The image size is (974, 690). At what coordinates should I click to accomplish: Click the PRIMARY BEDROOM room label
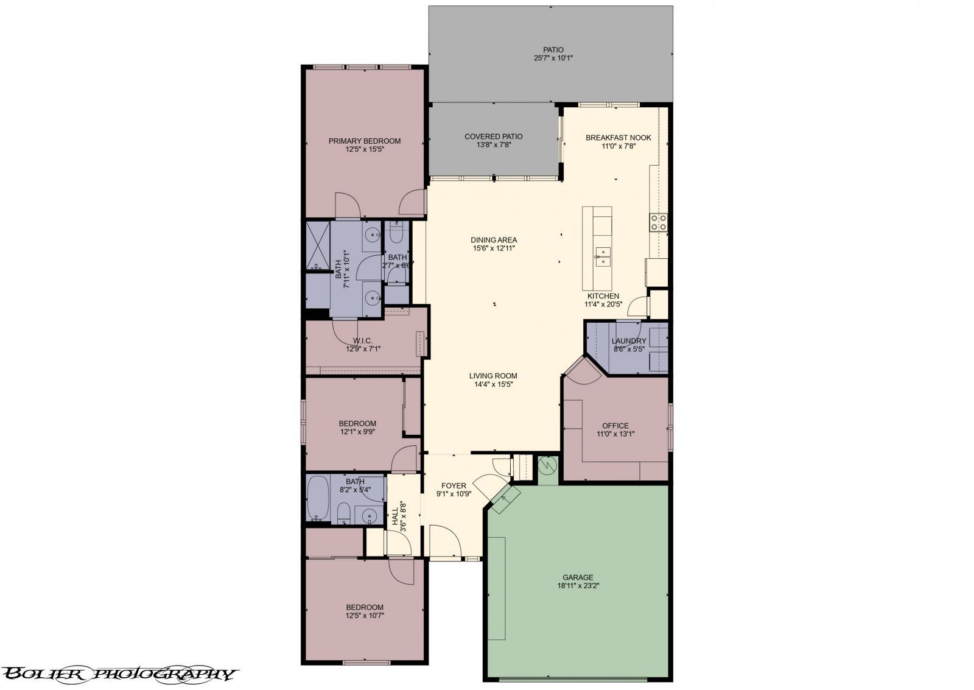coord(365,141)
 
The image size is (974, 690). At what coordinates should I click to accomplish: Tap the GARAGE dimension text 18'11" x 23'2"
coord(578,586)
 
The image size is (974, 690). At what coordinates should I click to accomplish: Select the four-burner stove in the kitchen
coord(658,222)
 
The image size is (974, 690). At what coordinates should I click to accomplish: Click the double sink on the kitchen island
coord(603,256)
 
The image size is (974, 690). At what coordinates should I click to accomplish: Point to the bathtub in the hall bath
coord(318,498)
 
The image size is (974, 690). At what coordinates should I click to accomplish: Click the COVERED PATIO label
coord(494,136)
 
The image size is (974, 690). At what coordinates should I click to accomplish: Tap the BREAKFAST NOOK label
coord(618,138)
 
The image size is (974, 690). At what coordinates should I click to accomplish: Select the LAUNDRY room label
coord(629,341)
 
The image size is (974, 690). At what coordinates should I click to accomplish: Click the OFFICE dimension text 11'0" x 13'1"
coord(615,434)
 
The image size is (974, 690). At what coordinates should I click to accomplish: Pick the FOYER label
coord(454,486)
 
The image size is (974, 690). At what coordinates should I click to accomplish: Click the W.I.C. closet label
coord(363,340)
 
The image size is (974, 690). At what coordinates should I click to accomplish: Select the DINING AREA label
coord(494,240)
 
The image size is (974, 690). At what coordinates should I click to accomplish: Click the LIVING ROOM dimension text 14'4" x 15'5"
coord(494,384)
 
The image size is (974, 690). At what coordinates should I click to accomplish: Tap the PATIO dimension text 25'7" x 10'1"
coord(553,58)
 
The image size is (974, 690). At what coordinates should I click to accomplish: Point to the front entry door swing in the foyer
coord(445,540)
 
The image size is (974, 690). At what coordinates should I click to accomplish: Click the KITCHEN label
coord(603,296)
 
